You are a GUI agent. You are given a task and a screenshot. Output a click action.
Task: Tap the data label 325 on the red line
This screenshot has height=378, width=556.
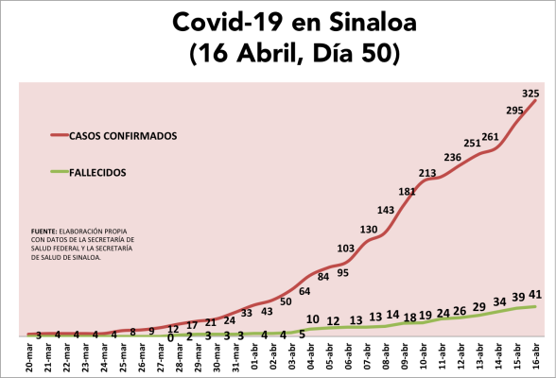click(530, 93)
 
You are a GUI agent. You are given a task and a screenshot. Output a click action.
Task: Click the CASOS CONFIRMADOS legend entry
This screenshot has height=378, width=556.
click(123, 135)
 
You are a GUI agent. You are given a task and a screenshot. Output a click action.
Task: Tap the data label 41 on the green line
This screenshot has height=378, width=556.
click(534, 294)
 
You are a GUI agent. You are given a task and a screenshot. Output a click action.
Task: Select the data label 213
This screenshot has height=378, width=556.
click(426, 173)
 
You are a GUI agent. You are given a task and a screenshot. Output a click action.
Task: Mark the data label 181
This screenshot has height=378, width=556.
click(407, 192)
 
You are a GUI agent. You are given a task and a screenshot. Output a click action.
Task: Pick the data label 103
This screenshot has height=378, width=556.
click(346, 248)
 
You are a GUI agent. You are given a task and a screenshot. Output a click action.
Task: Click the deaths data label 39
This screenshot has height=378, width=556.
click(518, 297)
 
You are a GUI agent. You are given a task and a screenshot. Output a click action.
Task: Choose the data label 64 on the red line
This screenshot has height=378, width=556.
click(304, 291)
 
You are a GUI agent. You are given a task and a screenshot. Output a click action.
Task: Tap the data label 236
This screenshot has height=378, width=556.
click(452, 157)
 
